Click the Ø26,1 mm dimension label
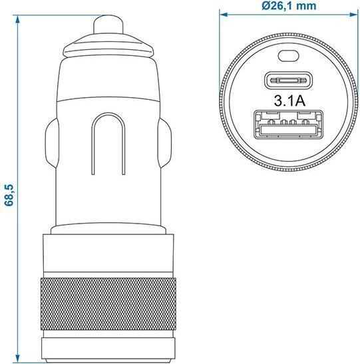point(289,6)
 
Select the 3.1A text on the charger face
point(289,102)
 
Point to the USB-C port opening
point(289,81)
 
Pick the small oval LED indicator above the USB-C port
point(289,57)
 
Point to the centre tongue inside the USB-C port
point(289,81)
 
